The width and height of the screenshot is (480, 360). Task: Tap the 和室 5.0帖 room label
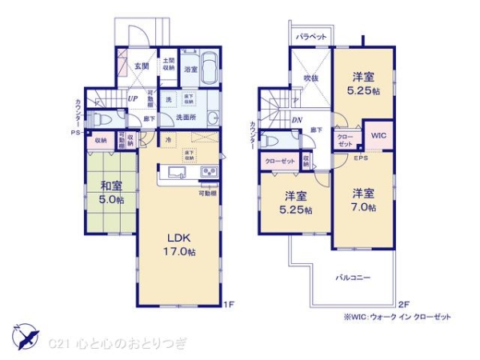(111, 192)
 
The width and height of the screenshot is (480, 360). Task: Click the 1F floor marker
(227, 304)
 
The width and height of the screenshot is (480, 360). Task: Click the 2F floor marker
(403, 304)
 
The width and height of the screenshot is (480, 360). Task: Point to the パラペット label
(310, 36)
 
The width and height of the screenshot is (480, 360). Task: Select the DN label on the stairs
(297, 121)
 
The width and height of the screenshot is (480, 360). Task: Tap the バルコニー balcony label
(352, 277)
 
